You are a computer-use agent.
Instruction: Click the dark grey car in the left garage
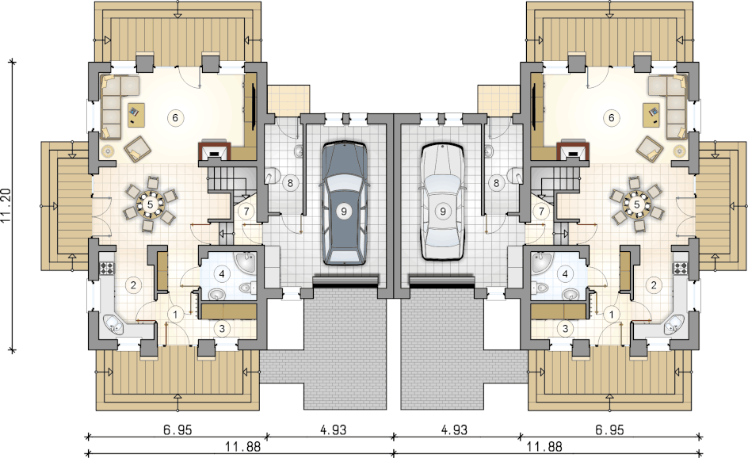(x=343, y=203)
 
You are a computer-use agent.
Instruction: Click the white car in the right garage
(x=443, y=202)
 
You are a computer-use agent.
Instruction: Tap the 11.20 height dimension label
(x=6, y=206)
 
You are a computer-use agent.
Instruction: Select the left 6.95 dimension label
(x=177, y=429)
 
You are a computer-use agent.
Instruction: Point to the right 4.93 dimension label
(x=454, y=429)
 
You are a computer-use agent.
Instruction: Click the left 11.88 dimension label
(x=242, y=447)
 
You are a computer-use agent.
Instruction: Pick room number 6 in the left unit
(x=175, y=117)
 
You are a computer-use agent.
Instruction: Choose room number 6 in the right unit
(x=612, y=117)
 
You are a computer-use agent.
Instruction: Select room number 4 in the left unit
(x=222, y=274)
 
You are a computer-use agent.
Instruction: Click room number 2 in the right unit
(x=654, y=285)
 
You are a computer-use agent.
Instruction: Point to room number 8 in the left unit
(x=290, y=182)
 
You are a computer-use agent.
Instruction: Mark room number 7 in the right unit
(x=541, y=211)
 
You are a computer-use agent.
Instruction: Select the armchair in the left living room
(x=137, y=148)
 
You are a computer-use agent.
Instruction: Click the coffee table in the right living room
(x=651, y=116)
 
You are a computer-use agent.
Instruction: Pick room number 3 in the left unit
(x=222, y=328)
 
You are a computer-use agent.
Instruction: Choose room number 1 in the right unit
(x=612, y=315)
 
